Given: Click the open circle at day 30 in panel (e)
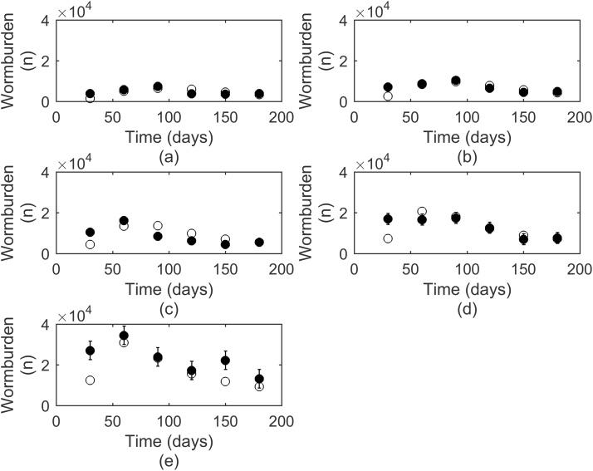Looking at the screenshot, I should [x=90, y=380].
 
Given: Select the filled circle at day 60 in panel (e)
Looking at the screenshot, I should [x=124, y=336].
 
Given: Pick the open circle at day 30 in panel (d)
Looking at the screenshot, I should [x=388, y=238].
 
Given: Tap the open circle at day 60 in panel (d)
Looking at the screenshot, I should [x=422, y=212].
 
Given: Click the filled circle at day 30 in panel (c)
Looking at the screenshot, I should [x=90, y=232].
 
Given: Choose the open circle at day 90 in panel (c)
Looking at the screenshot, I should [x=158, y=225].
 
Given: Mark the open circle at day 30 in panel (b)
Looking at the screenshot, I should [x=388, y=96].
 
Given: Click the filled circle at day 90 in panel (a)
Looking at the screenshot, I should [x=158, y=86].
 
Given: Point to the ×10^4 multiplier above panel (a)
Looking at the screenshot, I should [x=76, y=11].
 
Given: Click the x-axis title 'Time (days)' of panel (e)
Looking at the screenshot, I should [x=169, y=440].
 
